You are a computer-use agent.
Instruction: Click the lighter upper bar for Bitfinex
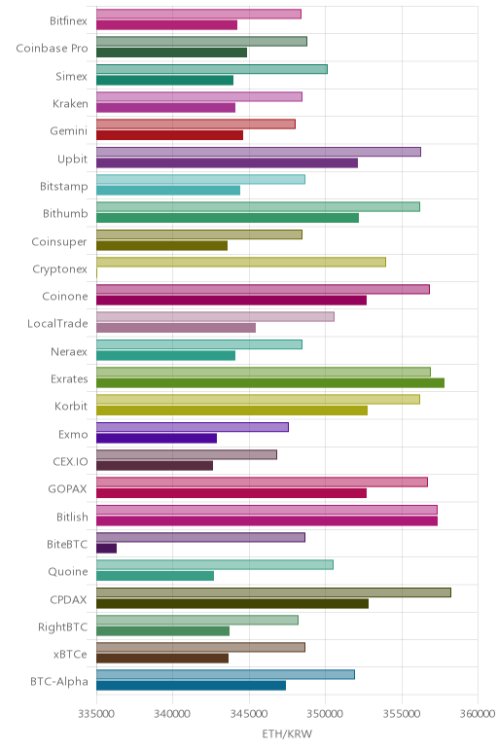(198, 14)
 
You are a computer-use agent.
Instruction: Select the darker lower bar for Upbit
(227, 162)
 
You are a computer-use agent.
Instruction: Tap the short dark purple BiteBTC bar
(106, 549)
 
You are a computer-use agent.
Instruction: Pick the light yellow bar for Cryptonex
(241, 262)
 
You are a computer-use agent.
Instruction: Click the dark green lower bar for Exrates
(270, 382)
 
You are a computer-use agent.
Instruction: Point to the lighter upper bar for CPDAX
(273, 592)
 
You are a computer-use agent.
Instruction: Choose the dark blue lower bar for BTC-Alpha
(191, 686)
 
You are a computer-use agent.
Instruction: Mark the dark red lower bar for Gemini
(169, 135)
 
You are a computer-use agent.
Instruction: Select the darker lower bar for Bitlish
(267, 520)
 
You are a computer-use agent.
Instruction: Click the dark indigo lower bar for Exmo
(157, 438)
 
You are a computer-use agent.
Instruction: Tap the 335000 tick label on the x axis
(96, 714)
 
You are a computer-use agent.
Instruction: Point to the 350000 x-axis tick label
(325, 714)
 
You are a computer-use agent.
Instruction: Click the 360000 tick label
(478, 714)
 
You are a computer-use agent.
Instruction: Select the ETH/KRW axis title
(287, 733)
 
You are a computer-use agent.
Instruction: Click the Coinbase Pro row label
(52, 49)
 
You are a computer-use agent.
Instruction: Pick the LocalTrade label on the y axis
(57, 324)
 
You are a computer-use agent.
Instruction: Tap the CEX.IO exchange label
(70, 462)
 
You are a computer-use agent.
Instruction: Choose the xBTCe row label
(70, 655)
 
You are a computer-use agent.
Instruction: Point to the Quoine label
(68, 572)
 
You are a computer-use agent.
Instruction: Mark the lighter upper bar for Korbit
(258, 400)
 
